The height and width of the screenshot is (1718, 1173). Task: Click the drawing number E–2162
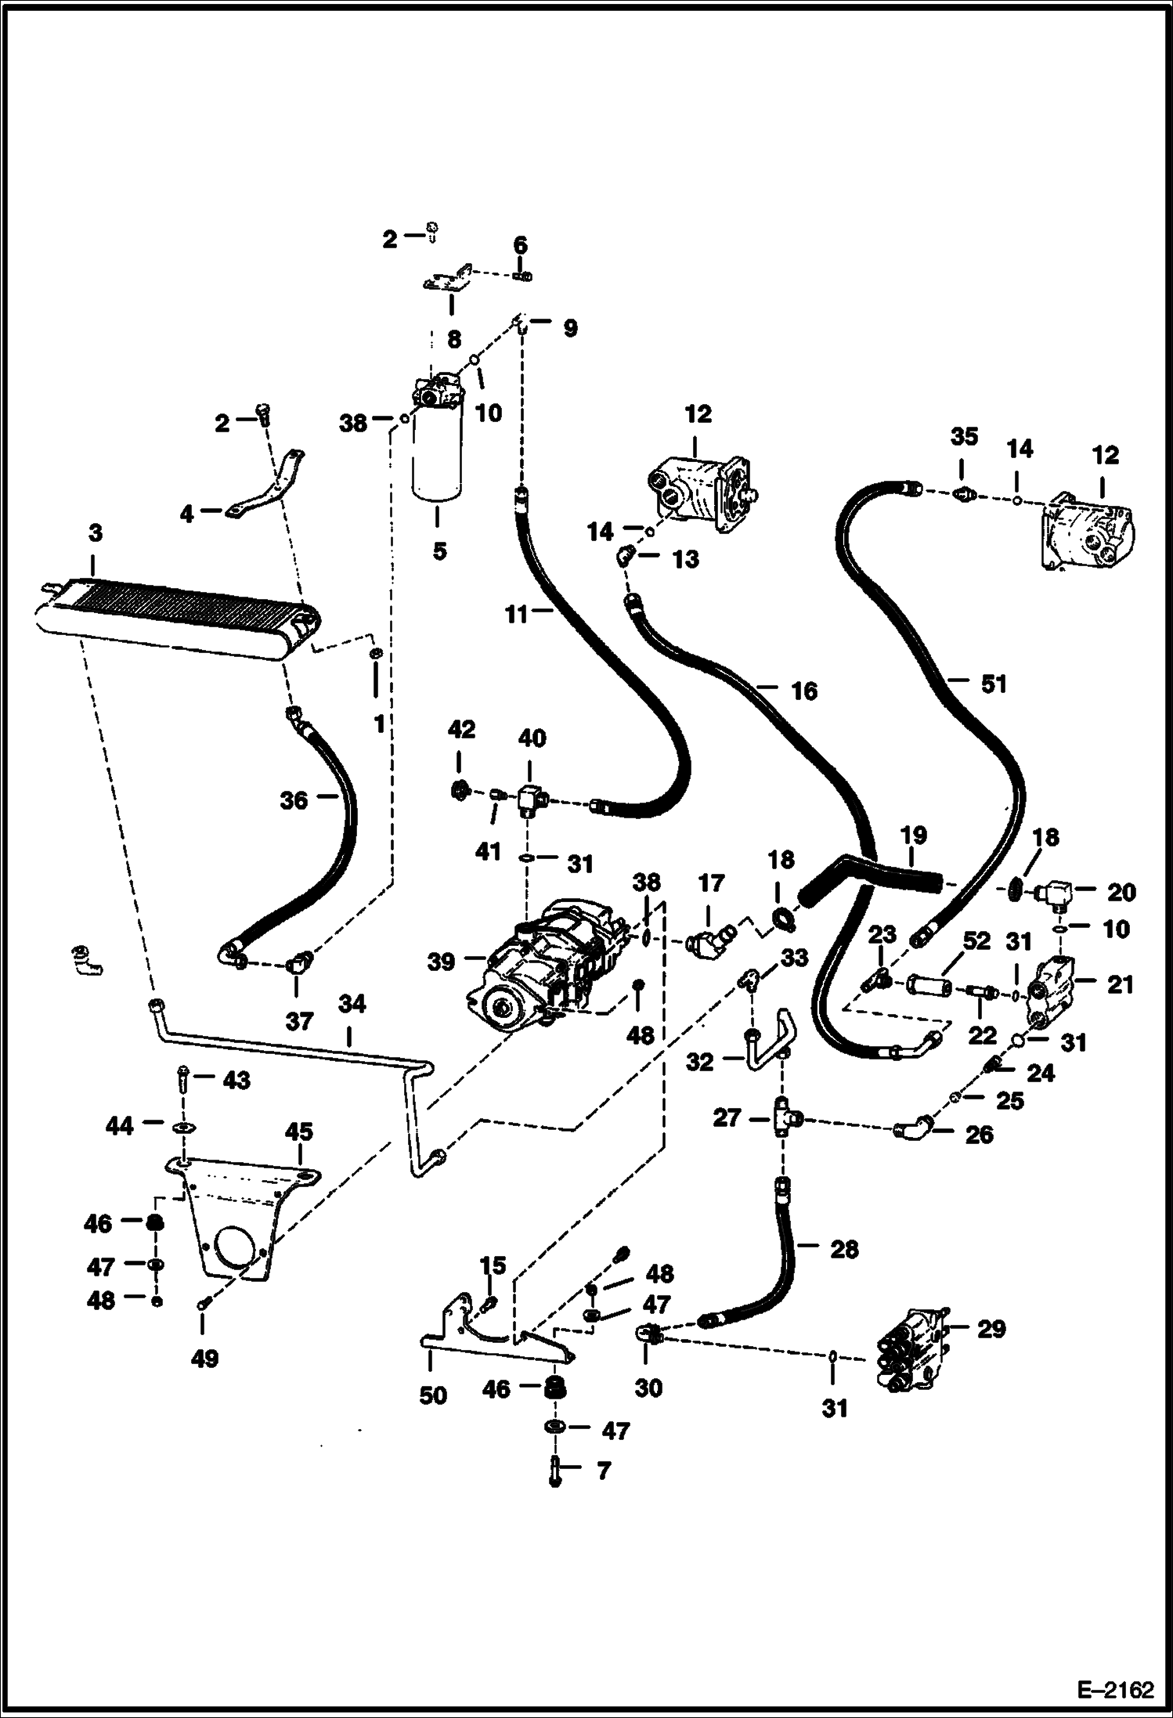[x=1115, y=1690]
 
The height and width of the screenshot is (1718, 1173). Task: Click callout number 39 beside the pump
[x=441, y=961]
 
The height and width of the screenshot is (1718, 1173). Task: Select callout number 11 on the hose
[x=517, y=615]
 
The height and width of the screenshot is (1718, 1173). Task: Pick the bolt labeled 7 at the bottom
[x=555, y=1473]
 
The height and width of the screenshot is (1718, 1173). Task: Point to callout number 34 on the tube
[x=352, y=1004]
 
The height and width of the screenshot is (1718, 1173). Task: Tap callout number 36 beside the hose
[x=294, y=800]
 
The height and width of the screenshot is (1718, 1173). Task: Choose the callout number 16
[x=803, y=691]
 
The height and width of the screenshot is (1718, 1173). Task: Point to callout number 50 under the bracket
[x=433, y=1395]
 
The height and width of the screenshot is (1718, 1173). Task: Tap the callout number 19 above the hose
[x=913, y=835]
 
